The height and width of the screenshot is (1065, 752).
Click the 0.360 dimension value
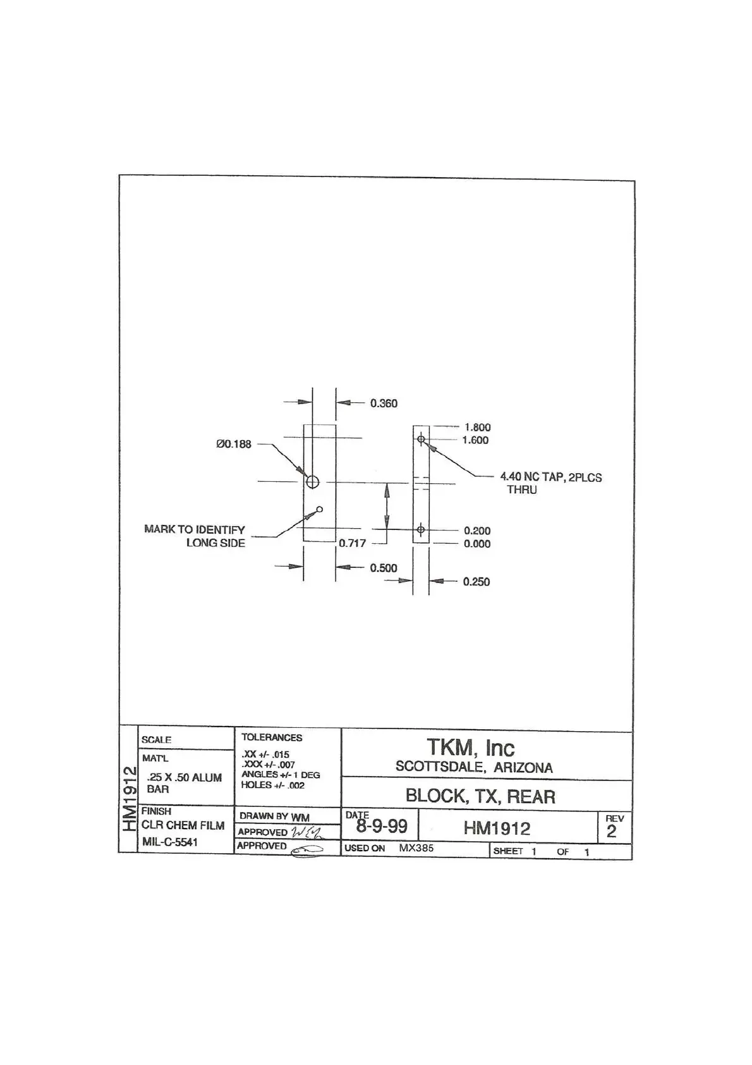384,403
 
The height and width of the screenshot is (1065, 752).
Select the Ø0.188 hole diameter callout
234,444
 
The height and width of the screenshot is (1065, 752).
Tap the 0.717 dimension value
352,543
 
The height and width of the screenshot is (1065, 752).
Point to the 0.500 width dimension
384,568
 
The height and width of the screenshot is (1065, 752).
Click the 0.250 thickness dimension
476,582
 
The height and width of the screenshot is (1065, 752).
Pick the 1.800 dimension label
477,428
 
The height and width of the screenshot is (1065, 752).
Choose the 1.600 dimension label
475,440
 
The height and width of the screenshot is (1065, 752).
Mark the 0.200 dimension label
477,531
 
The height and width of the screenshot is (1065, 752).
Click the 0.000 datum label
477,544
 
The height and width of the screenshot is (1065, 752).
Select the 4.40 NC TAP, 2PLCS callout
550,477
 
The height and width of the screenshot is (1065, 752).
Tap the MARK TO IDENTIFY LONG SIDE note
195,536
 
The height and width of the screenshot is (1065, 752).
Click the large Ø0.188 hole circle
312,482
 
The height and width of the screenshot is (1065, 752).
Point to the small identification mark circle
320,509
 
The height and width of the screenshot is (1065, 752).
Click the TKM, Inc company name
471,748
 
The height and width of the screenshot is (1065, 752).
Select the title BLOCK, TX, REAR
480,796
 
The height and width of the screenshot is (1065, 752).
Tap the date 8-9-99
381,827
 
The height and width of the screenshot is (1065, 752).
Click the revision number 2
611,832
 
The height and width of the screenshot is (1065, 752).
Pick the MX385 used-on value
416,848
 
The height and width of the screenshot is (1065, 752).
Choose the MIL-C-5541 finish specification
170,842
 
